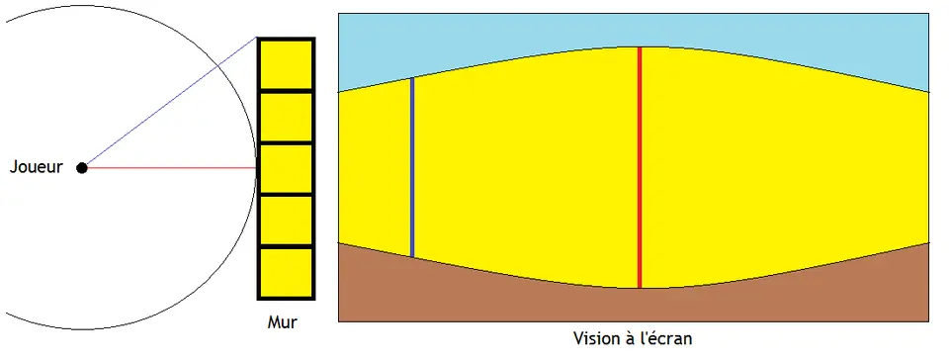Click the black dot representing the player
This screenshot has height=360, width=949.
(82, 167)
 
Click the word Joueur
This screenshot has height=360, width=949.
(37, 167)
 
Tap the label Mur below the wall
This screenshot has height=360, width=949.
(282, 322)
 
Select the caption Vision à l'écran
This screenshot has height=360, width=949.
(633, 338)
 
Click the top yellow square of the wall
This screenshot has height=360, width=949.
(286, 64)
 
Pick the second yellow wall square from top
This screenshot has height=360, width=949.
(286, 117)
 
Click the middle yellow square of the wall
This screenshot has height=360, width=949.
(286, 168)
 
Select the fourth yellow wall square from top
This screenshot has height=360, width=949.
(286, 221)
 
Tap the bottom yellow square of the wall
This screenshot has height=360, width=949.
(286, 272)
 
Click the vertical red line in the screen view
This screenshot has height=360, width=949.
(640, 167)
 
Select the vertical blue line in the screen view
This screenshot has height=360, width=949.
(412, 167)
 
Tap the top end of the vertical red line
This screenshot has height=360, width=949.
(640, 47)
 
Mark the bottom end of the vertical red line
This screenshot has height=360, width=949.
(640, 288)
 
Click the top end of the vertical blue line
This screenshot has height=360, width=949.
(412, 78)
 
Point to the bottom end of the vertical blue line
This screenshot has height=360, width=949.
(412, 257)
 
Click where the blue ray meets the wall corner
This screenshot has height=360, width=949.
(258, 39)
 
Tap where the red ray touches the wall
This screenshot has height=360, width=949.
(257, 167)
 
